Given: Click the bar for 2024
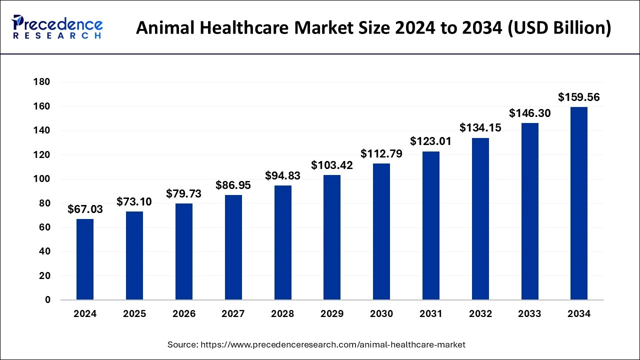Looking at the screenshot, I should point(85,259).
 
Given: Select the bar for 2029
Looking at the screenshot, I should point(332,237).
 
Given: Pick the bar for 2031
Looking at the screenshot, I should point(430,225).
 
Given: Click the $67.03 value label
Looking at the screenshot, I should point(85,209).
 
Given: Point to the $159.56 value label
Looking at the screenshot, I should point(579,97).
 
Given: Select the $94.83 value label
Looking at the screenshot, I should point(282,176).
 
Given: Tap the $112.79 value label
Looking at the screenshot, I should point(381,154).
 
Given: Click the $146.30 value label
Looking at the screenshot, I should point(529,113).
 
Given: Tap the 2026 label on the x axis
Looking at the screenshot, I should point(184,314).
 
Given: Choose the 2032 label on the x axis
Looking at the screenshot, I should point(480,314).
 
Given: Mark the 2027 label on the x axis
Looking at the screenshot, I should point(233,314).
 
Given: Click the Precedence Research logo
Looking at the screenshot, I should point(57,27).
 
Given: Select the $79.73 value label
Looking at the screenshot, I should point(184,194).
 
